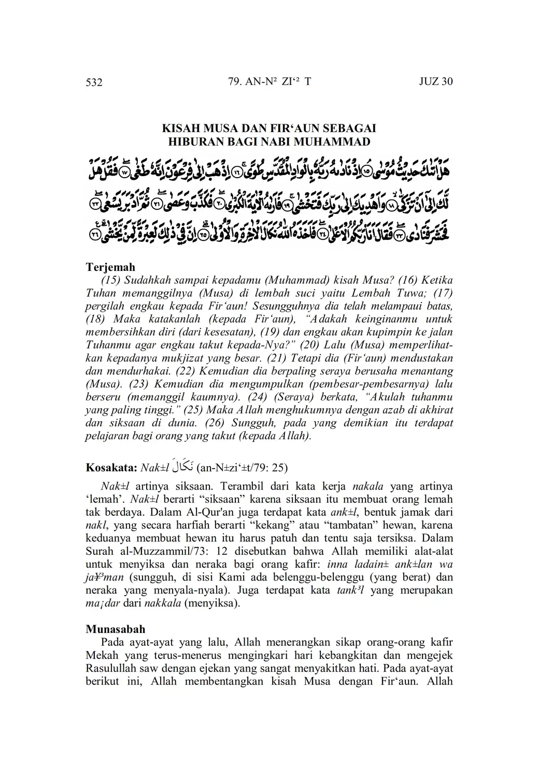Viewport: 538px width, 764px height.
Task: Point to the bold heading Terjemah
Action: click(x=110, y=267)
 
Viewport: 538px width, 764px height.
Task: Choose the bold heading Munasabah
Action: click(x=115, y=629)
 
